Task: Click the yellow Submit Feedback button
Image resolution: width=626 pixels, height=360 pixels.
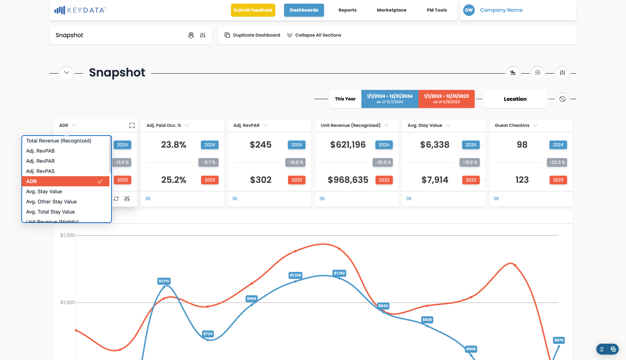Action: click(253, 10)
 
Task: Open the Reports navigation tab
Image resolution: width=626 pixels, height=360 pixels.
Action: click(347, 10)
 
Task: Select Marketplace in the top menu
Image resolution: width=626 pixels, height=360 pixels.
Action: click(392, 10)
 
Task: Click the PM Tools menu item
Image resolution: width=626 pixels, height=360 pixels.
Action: click(437, 10)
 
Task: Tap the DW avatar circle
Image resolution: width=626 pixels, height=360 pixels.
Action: click(469, 10)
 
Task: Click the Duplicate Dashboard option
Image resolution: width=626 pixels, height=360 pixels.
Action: click(253, 35)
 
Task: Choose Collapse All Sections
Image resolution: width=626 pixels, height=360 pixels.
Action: click(314, 35)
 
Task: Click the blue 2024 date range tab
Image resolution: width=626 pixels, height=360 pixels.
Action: click(390, 99)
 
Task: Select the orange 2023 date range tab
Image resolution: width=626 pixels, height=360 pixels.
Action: click(446, 99)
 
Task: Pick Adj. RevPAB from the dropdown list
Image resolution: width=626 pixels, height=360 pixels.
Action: click(40, 151)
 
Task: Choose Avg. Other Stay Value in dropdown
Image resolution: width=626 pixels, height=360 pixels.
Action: click(51, 202)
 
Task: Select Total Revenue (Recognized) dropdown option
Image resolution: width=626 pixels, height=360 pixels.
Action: click(59, 141)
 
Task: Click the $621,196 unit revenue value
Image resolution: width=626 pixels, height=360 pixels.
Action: click(348, 145)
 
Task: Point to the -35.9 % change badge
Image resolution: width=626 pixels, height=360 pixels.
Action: click(383, 162)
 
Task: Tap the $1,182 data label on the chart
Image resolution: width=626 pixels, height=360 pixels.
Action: click(339, 273)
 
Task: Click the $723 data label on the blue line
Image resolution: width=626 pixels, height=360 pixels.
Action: click(208, 334)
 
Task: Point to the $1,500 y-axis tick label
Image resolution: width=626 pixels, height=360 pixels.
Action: click(67, 235)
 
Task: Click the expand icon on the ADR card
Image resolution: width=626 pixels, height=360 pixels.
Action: click(132, 125)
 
